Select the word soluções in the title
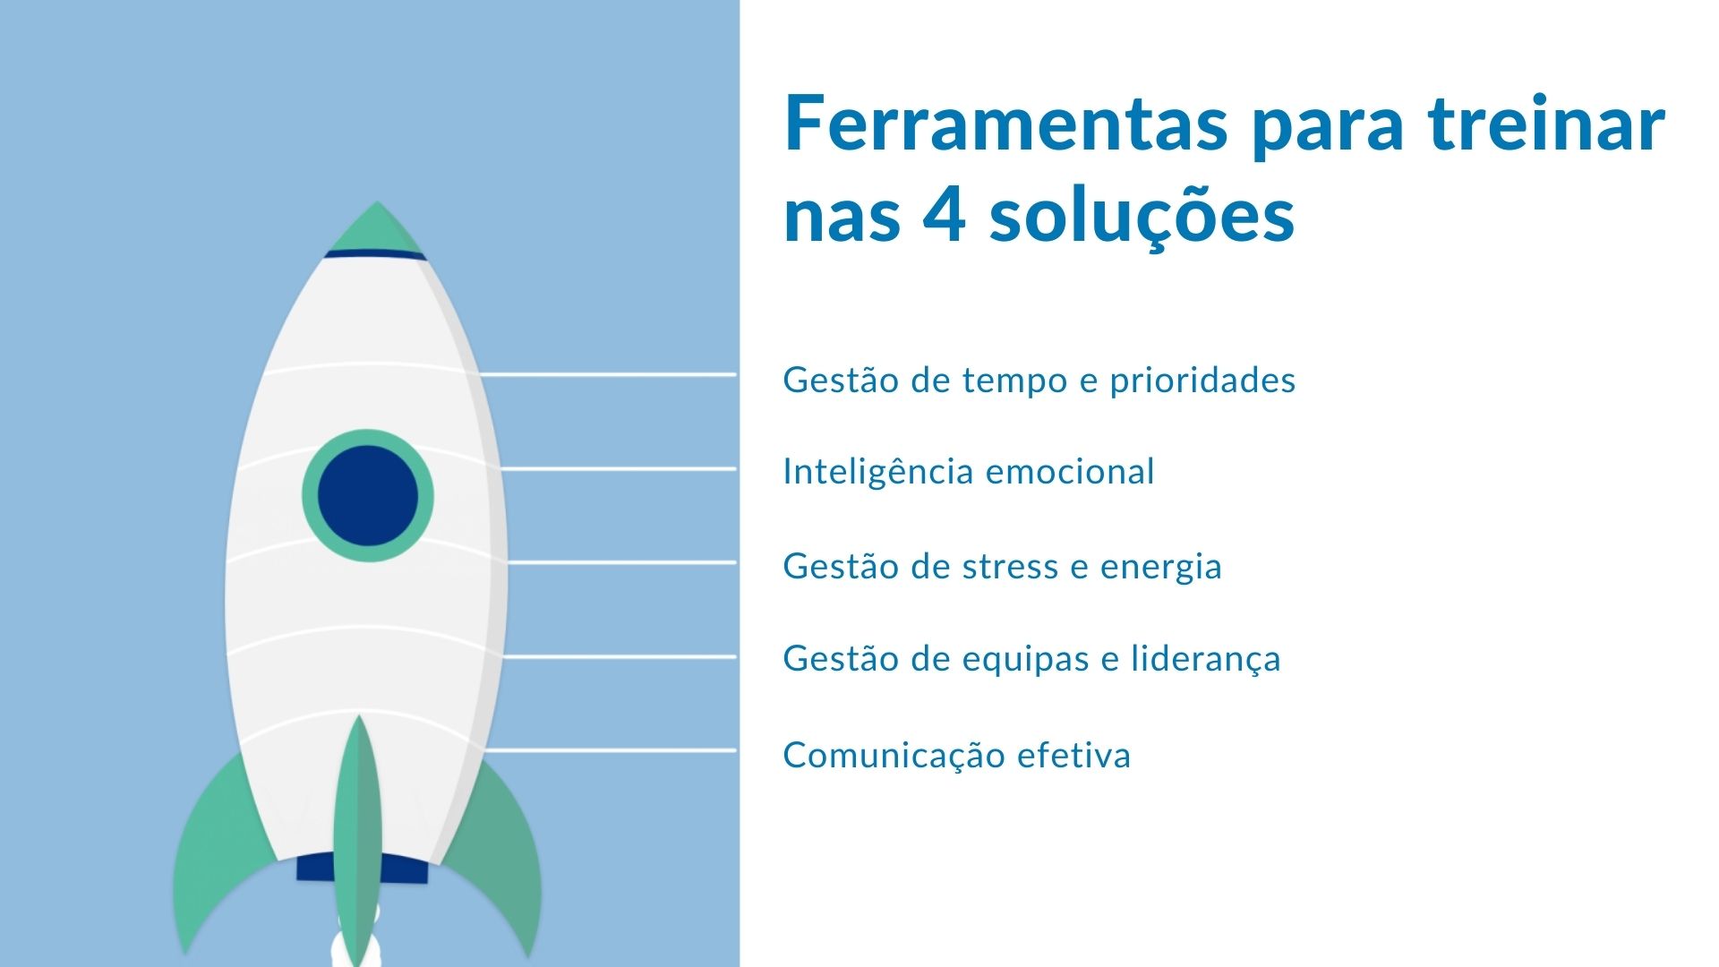click(x=1142, y=217)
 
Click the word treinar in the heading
click(x=1547, y=124)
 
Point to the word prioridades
click(x=1202, y=381)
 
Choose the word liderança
click(x=1205, y=660)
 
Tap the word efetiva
click(x=1075, y=756)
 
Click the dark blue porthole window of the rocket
click(x=368, y=495)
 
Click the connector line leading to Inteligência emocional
click(x=618, y=468)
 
